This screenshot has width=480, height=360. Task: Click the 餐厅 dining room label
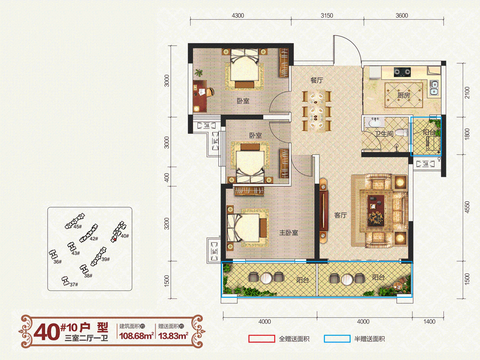(317, 80)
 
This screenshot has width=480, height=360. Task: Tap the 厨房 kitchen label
(404, 95)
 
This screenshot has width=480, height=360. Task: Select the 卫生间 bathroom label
(384, 133)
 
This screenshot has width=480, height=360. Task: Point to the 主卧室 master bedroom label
(289, 232)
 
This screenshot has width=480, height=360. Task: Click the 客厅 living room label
(340, 215)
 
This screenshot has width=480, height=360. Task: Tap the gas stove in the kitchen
(402, 72)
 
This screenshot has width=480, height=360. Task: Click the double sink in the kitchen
(434, 88)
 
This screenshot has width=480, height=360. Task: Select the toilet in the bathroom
(402, 132)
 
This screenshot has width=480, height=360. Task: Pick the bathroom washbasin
(376, 123)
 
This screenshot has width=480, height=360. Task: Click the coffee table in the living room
(376, 210)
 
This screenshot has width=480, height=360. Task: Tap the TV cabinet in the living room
(324, 211)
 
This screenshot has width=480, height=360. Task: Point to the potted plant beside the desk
(199, 72)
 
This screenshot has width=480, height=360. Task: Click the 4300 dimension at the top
(238, 16)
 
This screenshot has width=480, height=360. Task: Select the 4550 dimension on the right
(467, 207)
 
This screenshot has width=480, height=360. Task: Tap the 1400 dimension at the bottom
(429, 322)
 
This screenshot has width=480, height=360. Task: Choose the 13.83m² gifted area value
(173, 336)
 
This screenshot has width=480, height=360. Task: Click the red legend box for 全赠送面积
(262, 338)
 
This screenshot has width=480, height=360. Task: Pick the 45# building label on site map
(78, 227)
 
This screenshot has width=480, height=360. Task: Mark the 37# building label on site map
(74, 284)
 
